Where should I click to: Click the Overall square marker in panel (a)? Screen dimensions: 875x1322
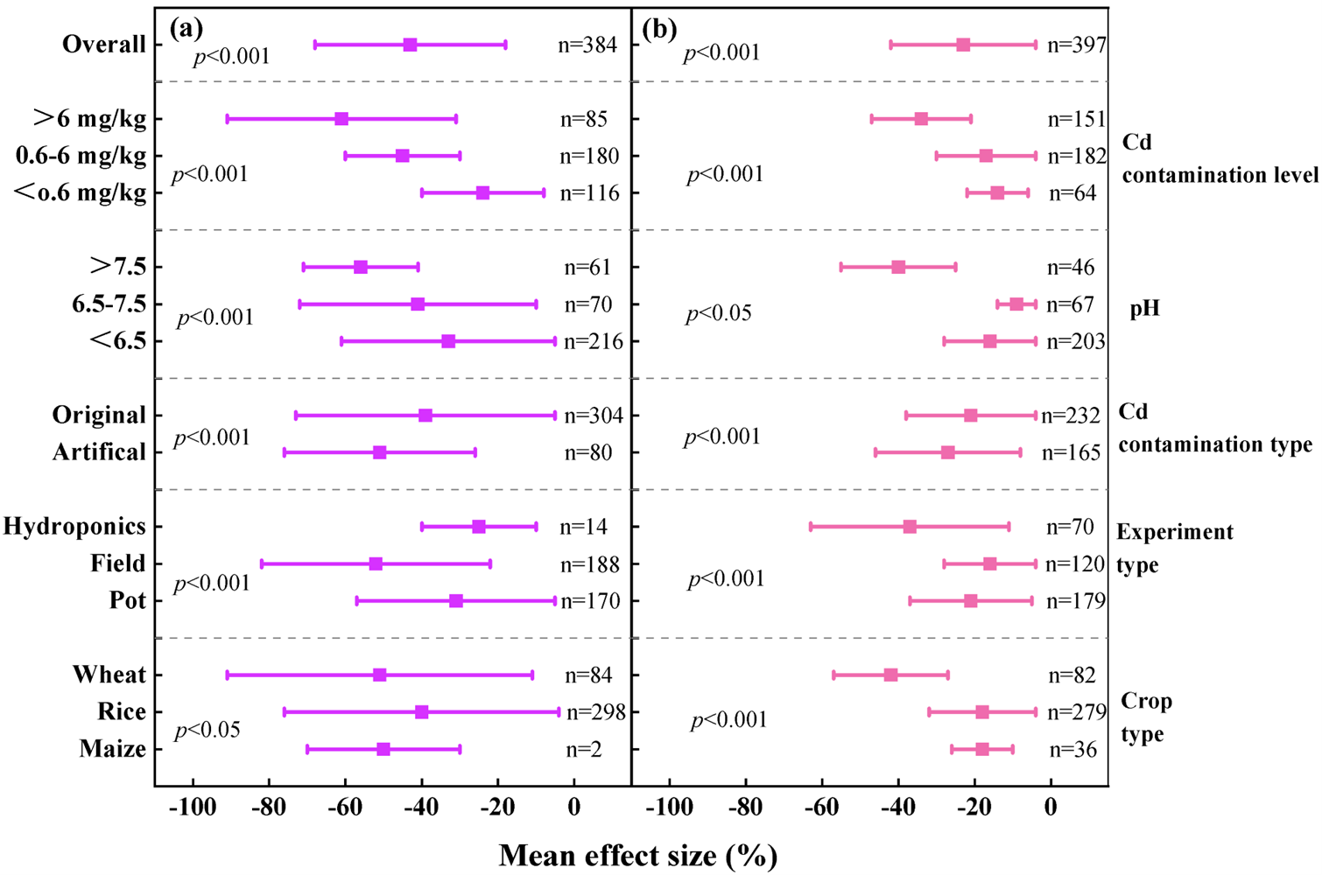410,45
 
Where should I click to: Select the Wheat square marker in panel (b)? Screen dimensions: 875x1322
890,675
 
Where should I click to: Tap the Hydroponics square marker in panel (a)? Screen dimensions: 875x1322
478,527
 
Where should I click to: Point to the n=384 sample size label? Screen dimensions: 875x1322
587,45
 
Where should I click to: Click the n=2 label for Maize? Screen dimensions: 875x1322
583,749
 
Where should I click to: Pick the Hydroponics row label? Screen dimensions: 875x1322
74,527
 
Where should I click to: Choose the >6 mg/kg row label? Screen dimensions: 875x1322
89,118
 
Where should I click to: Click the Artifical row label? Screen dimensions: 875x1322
99,452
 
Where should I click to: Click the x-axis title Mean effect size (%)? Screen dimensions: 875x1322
638,855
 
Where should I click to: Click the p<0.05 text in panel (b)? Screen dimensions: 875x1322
719,313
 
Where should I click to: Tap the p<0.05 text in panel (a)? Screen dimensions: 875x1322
207,730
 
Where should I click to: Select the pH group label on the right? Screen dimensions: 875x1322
1144,309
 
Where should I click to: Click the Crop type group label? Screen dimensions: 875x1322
1146,717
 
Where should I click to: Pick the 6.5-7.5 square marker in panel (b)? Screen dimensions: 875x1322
1016,304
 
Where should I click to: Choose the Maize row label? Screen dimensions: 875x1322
112,749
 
